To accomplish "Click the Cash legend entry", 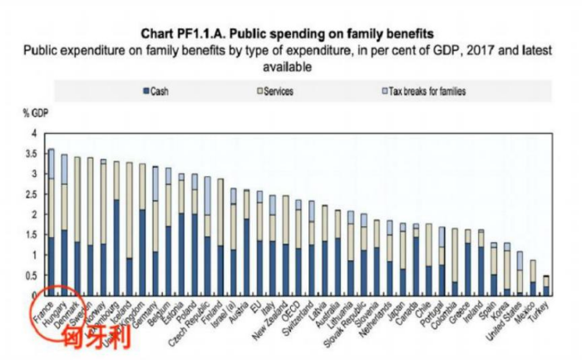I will coord(156,91).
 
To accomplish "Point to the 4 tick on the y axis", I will coord(34,134).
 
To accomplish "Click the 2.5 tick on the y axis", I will coord(31,195).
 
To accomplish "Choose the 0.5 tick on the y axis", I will coord(31,275).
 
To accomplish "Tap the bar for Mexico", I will coord(532,278).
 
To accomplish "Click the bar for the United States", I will coord(520,274).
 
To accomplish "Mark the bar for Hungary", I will coord(64,224).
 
